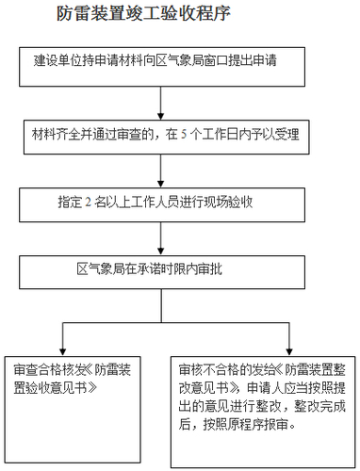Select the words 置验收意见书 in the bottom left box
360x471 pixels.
55,387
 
